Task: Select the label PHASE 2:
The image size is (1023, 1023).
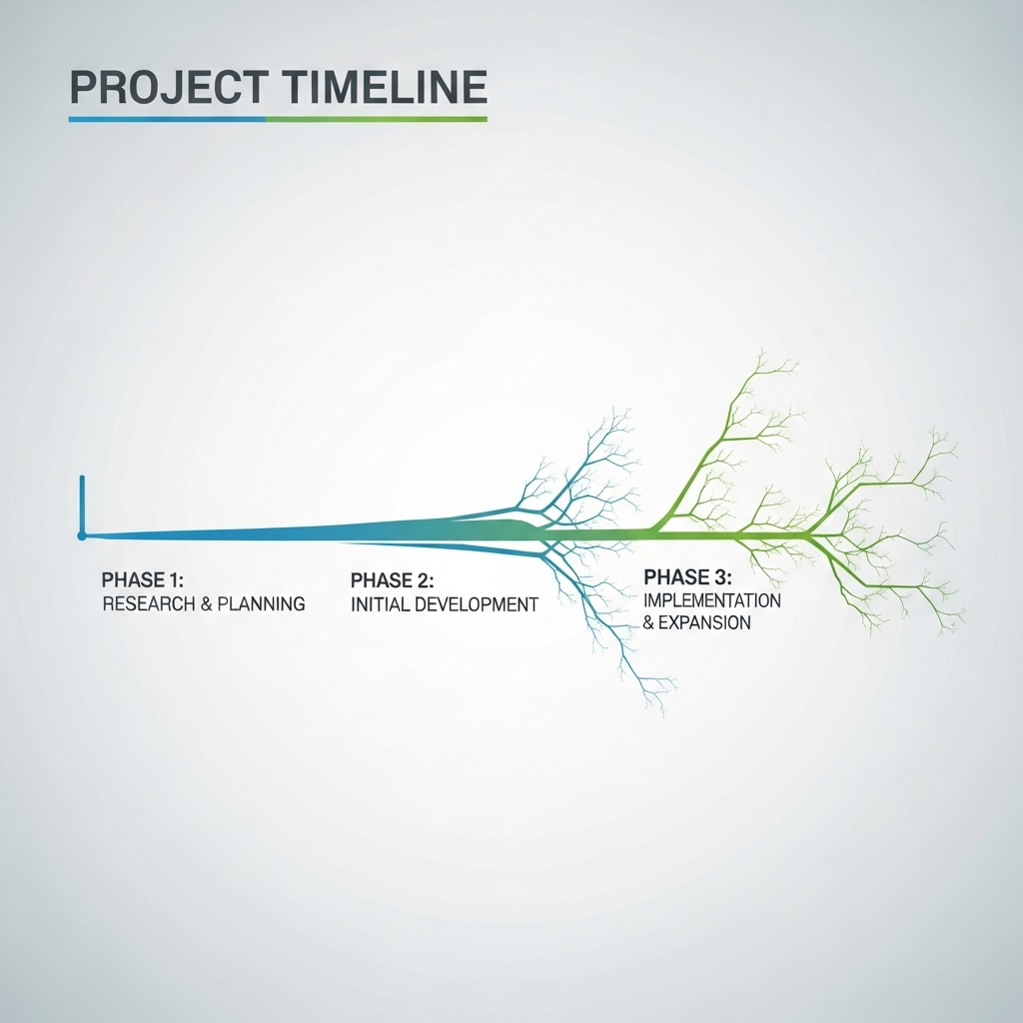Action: [x=392, y=580]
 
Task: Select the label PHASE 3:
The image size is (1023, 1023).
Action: [x=688, y=577]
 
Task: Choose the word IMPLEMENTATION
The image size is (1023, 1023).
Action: [x=712, y=600]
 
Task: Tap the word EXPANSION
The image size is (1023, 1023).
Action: [x=705, y=622]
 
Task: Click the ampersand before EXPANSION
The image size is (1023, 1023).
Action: [x=650, y=622]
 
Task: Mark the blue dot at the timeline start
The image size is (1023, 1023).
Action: [x=82, y=536]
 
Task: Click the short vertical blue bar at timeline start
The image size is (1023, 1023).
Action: [x=82, y=505]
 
